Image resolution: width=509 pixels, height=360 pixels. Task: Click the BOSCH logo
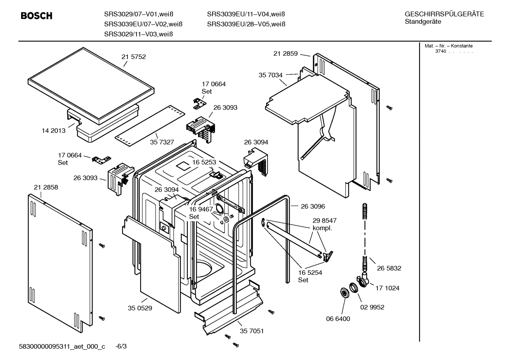click(36, 16)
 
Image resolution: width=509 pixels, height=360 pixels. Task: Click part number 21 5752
click(133, 57)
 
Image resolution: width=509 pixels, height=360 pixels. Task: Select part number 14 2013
click(54, 131)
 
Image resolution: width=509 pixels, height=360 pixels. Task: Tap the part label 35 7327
click(162, 142)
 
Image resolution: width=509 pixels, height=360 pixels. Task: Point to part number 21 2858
click(46, 187)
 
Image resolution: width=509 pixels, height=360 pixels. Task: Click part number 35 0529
click(140, 308)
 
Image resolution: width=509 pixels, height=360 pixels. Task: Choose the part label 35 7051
click(252, 331)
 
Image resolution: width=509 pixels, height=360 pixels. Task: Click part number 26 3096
click(313, 206)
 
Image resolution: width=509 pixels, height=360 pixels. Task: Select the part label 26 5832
click(389, 268)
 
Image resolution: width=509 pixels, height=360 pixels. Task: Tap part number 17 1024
click(387, 288)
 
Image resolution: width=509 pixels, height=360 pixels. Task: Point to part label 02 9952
click(372, 307)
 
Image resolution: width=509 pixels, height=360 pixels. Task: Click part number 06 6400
click(338, 319)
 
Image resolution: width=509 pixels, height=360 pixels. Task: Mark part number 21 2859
click(285, 54)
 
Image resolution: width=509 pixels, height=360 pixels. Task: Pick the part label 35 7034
click(270, 75)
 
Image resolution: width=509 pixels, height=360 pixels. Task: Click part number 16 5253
click(204, 162)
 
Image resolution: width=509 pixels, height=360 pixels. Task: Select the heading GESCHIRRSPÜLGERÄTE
click(444, 14)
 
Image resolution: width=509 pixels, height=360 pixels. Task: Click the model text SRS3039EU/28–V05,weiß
click(246, 24)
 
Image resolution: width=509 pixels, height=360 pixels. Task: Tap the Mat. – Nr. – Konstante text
click(448, 46)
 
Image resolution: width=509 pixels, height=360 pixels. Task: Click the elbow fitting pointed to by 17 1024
click(364, 280)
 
